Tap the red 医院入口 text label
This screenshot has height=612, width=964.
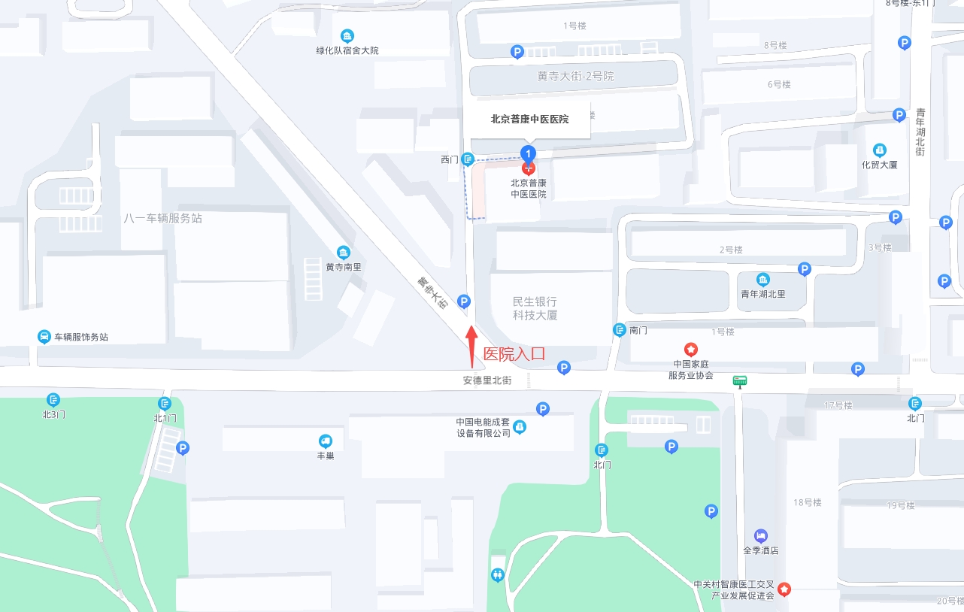[x=514, y=354]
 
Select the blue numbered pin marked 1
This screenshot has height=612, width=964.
[x=529, y=153]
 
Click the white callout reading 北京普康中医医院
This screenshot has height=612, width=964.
[x=529, y=119]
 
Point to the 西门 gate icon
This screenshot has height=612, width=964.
[x=468, y=159]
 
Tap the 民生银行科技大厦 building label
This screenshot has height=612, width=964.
[x=535, y=308]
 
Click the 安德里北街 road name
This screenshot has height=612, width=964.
[x=487, y=380]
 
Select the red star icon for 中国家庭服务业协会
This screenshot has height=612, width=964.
[x=690, y=350]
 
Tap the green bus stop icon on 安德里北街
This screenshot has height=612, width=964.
[x=740, y=381]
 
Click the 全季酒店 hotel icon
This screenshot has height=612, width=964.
[x=761, y=535]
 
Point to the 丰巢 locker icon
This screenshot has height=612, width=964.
[x=326, y=441]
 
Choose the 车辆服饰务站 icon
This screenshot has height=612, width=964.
[x=44, y=337]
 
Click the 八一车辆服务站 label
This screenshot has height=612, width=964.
[x=162, y=218]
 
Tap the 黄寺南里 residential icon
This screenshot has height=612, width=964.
[x=344, y=252]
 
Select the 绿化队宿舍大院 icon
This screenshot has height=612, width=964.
[x=347, y=35]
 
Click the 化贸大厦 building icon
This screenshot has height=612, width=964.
[x=880, y=150]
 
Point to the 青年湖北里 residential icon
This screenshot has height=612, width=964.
[x=763, y=280]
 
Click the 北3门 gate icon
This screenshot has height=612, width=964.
[x=53, y=400]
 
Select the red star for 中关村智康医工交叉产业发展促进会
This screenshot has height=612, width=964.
[x=784, y=589]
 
